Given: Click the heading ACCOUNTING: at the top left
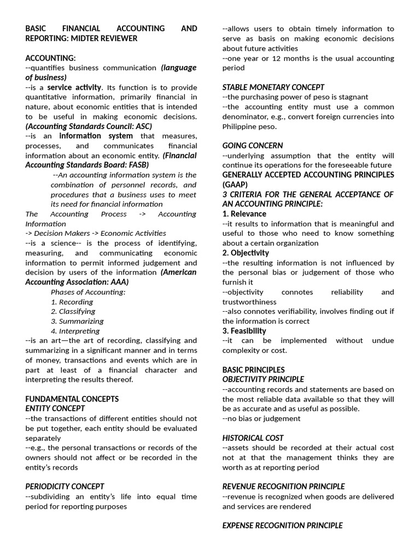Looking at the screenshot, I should click(50, 58).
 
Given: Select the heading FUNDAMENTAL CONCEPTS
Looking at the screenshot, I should click(72, 399).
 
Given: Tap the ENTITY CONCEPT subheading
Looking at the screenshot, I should click(55, 409).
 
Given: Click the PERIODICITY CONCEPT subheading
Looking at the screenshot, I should click(65, 486).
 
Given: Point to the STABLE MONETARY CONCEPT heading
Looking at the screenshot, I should click(273, 87).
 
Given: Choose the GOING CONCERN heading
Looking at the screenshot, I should click(252, 145).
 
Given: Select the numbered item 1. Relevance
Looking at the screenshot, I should click(244, 214).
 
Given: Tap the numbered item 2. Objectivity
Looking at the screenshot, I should click(246, 253).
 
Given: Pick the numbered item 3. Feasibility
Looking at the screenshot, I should click(244, 331).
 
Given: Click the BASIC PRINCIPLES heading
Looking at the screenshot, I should click(253, 370).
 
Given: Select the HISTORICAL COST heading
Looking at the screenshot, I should click(253, 437).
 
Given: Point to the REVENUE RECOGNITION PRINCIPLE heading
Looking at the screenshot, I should click(283, 486).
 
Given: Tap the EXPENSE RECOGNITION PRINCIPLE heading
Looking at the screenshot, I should click(282, 526).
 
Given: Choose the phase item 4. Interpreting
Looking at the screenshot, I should click(75, 331).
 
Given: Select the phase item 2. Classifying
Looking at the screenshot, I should click(73, 312).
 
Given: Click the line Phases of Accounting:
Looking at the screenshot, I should click(88, 292).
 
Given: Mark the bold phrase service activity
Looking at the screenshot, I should click(74, 87).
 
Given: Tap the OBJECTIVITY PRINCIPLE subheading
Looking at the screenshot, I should click(262, 380).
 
